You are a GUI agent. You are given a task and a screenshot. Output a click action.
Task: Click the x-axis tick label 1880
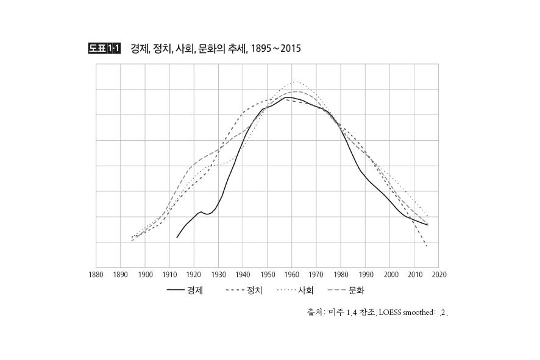point(96,275)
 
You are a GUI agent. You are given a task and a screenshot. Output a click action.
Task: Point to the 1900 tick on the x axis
point(145,275)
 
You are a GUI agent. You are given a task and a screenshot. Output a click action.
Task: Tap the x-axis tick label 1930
point(218,275)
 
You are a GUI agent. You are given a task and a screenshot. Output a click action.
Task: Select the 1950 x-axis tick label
point(268,275)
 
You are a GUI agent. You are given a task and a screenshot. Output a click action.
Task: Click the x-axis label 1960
point(292,275)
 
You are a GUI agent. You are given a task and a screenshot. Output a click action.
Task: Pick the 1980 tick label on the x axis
point(341,275)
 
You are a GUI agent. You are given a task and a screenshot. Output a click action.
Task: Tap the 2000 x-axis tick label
point(390,275)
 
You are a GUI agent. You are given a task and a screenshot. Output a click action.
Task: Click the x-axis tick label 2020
point(439,275)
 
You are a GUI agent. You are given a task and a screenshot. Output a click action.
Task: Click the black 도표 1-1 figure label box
point(104,48)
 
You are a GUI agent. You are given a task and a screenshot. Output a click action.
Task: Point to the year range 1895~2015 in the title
point(275,48)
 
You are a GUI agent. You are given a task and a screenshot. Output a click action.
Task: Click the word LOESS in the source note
point(390,313)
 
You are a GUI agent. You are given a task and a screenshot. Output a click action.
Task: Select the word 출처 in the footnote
point(314,313)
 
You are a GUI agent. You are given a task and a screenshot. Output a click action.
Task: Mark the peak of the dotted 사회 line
point(296,82)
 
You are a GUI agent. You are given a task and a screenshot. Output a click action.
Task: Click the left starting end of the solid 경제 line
point(177,238)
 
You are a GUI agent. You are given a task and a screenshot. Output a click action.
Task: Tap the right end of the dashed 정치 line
point(427,246)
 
